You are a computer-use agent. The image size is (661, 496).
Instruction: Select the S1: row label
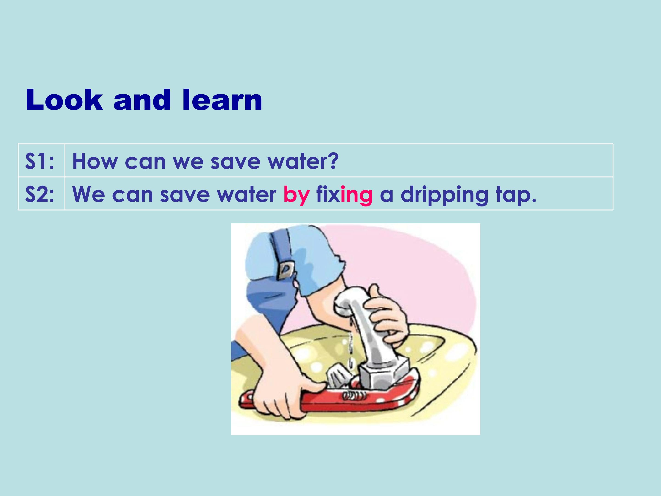pos(40,161)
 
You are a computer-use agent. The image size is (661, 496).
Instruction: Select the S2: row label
pos(40,194)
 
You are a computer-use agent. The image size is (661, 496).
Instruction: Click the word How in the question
pos(95,161)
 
